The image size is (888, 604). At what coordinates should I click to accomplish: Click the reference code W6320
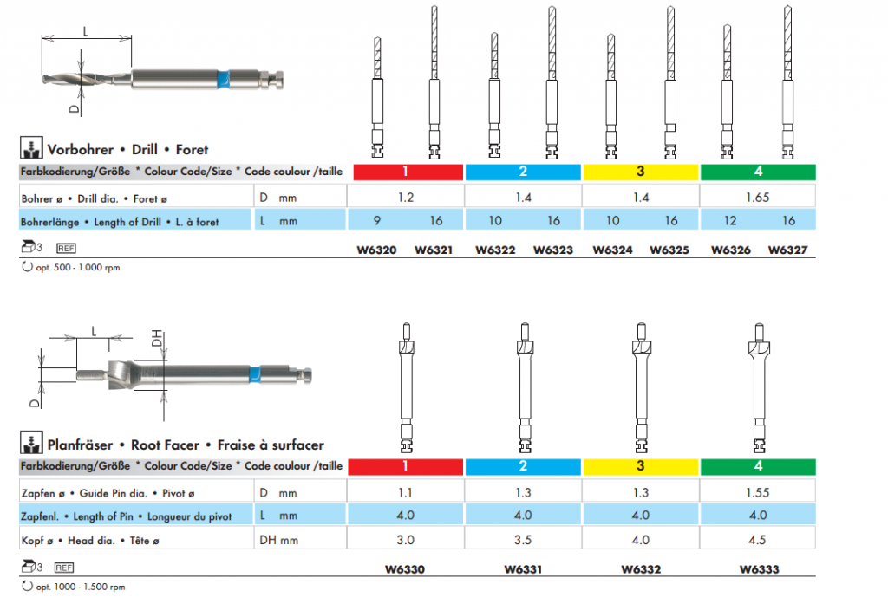(376, 250)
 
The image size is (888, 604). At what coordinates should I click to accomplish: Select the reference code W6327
(787, 250)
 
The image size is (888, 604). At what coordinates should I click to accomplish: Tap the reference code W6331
(523, 569)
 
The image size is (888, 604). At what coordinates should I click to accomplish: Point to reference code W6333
(759, 569)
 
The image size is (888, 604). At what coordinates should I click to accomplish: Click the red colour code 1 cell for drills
(406, 172)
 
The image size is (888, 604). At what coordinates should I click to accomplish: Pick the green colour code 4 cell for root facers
(759, 466)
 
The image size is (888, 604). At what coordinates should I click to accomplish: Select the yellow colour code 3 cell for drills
(641, 172)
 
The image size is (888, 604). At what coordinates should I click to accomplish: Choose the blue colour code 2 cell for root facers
(523, 466)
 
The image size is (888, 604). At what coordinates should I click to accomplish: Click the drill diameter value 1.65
(759, 198)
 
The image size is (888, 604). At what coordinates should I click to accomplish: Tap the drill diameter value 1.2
(406, 198)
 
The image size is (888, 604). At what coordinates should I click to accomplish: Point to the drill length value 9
(376, 221)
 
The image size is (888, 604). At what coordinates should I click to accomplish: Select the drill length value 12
(729, 221)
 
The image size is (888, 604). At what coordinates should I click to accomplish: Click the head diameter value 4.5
(759, 541)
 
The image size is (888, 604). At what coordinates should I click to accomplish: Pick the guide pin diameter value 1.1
(406, 492)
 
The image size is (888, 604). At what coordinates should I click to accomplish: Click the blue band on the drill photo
(223, 78)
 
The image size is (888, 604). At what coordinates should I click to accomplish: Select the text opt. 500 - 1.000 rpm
(77, 268)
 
